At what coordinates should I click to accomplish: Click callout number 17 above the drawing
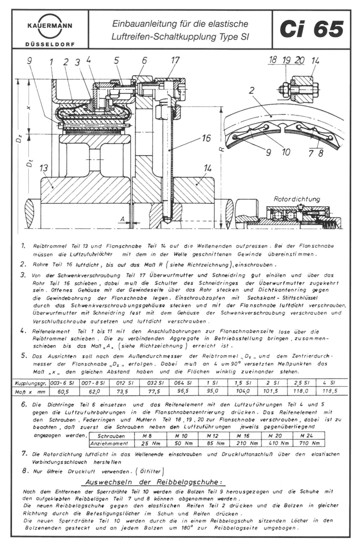(x=175, y=60)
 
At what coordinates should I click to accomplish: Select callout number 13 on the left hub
(x=44, y=168)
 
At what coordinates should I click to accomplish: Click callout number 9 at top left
(x=30, y=62)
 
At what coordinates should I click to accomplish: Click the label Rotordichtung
(x=296, y=199)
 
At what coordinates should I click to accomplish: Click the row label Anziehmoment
(x=107, y=443)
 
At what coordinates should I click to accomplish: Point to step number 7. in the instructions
(x=24, y=454)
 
